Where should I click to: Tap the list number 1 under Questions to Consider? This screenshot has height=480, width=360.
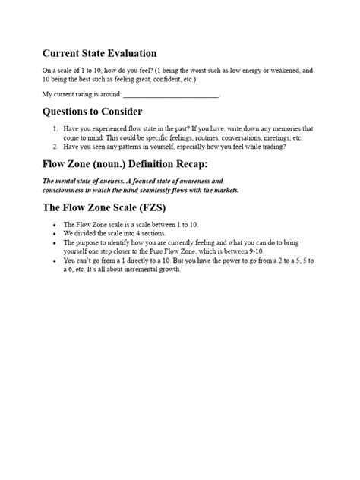coord(55,129)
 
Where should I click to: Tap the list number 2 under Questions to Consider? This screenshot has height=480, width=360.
coord(55,147)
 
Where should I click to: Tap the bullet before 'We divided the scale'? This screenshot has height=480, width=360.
coord(55,233)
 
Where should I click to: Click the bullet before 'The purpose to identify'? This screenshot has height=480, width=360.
coord(55,242)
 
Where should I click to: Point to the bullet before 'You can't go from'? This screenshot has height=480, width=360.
coord(55,260)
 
